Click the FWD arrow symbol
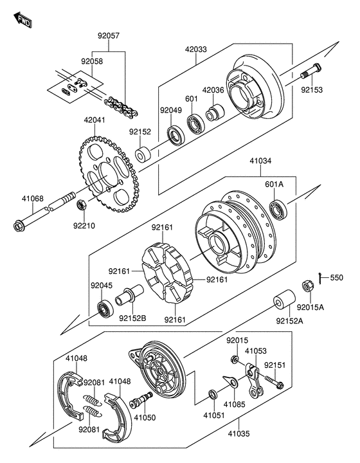22,20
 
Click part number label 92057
109,36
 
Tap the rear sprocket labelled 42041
109,174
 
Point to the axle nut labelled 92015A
307,286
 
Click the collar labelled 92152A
284,299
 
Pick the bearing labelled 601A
278,210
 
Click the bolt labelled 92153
310,71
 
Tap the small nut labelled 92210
82,204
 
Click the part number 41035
239,434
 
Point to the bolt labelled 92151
274,381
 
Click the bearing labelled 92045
105,309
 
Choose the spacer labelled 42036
215,113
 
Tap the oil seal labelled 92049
176,135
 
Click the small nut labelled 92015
235,359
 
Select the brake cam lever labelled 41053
253,380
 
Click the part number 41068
32,199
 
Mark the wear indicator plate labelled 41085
230,381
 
